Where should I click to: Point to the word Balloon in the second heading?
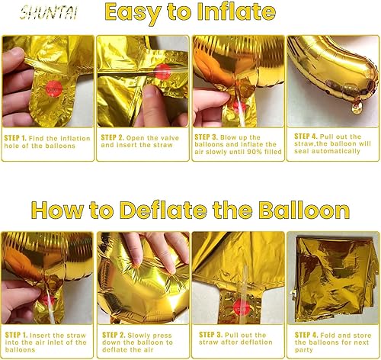pos(302,211)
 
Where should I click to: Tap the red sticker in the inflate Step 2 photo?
pos(160,72)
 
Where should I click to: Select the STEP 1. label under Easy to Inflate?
pos(17,137)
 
